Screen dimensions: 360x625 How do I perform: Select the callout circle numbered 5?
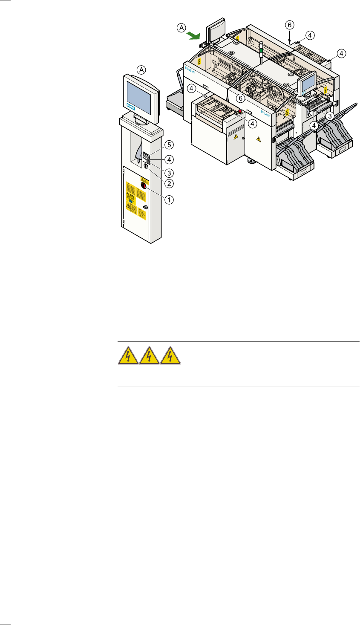[x=169, y=144]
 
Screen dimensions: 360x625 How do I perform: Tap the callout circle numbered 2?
[x=169, y=184]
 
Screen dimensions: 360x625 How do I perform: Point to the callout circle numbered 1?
[x=169, y=199]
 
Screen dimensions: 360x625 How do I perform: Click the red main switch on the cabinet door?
[x=144, y=186]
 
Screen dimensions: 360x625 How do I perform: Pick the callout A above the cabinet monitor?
[x=141, y=69]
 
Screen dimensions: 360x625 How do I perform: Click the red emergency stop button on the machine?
[x=240, y=112]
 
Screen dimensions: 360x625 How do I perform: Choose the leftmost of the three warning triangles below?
[x=128, y=356]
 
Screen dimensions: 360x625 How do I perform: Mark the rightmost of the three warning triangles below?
[x=170, y=356]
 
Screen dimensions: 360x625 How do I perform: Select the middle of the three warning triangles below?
[x=149, y=356]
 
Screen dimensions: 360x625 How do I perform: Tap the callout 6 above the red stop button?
[x=241, y=98]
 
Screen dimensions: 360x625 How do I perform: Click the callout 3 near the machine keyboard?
[x=329, y=116]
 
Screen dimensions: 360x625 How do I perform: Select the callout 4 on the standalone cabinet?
[x=169, y=160]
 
